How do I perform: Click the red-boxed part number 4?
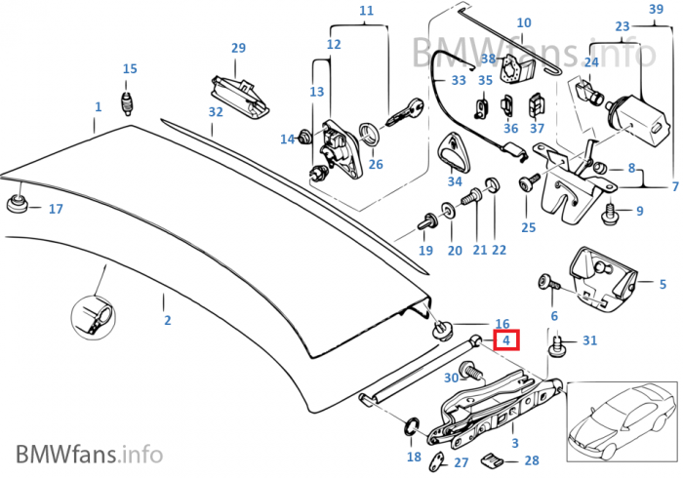pyautogui.click(x=506, y=340)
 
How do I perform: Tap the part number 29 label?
pyautogui.click(x=238, y=48)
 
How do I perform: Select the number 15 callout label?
pyautogui.click(x=130, y=68)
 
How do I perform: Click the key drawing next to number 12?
pyautogui.click(x=402, y=113)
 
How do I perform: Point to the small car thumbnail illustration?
pyautogui.click(x=621, y=421)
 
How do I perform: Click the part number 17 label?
pyautogui.click(x=55, y=209)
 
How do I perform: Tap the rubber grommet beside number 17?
pyautogui.click(x=17, y=205)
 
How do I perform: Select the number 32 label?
pyautogui.click(x=216, y=112)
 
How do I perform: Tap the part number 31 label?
pyautogui.click(x=588, y=339)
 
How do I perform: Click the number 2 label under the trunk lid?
pyautogui.click(x=166, y=320)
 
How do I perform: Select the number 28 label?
pyautogui.click(x=531, y=459)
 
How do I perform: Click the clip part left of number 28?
pyautogui.click(x=495, y=458)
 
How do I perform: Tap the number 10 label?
pyautogui.click(x=523, y=22)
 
